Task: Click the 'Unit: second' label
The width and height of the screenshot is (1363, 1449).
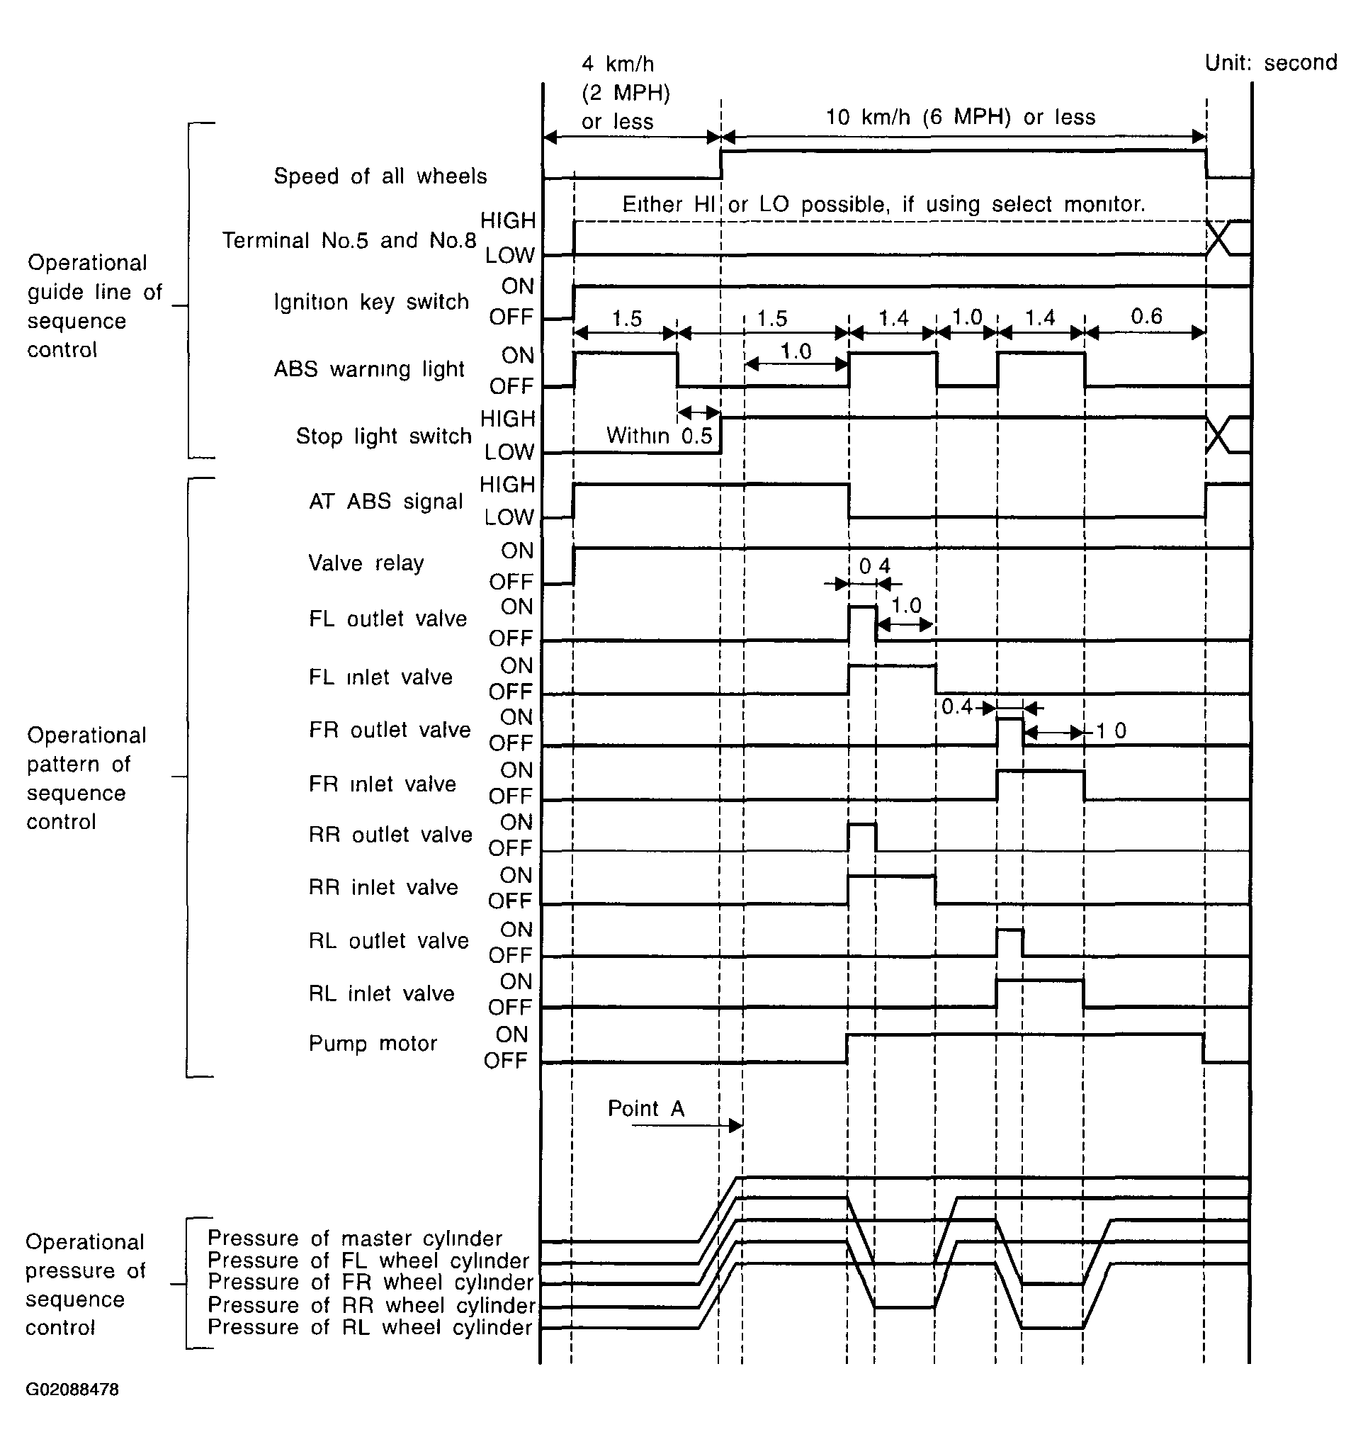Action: click(x=1270, y=62)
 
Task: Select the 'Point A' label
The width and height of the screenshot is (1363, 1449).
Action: click(x=646, y=1109)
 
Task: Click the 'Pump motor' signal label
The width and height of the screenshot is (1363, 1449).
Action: click(x=373, y=1044)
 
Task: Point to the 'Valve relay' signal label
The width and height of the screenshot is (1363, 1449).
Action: click(x=366, y=563)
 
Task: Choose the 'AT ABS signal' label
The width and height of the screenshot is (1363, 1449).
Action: click(x=385, y=502)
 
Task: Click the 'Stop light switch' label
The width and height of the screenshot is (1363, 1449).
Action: click(x=383, y=436)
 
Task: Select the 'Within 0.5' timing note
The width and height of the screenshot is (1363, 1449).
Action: click(x=659, y=436)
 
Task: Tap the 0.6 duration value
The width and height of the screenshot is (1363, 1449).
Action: click(x=1146, y=316)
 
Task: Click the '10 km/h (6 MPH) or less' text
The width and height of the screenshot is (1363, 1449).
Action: click(x=960, y=118)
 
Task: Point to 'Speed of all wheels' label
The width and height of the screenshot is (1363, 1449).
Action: click(x=380, y=176)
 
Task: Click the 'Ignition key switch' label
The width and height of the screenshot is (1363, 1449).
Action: click(x=371, y=302)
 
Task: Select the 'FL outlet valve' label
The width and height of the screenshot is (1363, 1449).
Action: click(x=388, y=619)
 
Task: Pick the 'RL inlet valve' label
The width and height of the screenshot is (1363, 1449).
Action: click(x=381, y=993)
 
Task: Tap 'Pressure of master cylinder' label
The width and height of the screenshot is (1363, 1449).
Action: click(x=355, y=1239)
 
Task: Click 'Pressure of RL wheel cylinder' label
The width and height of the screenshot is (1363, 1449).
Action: click(x=370, y=1327)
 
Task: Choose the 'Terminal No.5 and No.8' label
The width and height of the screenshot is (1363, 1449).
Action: click(x=349, y=240)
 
